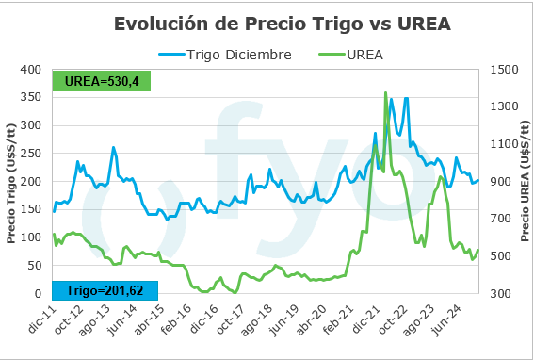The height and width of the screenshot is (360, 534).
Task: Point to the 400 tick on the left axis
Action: [x=31, y=70]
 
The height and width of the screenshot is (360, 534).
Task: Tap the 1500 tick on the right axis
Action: [x=507, y=70]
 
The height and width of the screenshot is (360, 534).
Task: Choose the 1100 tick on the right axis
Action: [x=507, y=144]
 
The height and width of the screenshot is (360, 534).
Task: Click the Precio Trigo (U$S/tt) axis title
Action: [x=11, y=182]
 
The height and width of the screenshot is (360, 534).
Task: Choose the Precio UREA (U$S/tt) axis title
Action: [x=524, y=182]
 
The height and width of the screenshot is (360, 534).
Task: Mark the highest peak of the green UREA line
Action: [x=385, y=92]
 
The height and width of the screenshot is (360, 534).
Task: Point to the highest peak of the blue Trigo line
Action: [x=406, y=98]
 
